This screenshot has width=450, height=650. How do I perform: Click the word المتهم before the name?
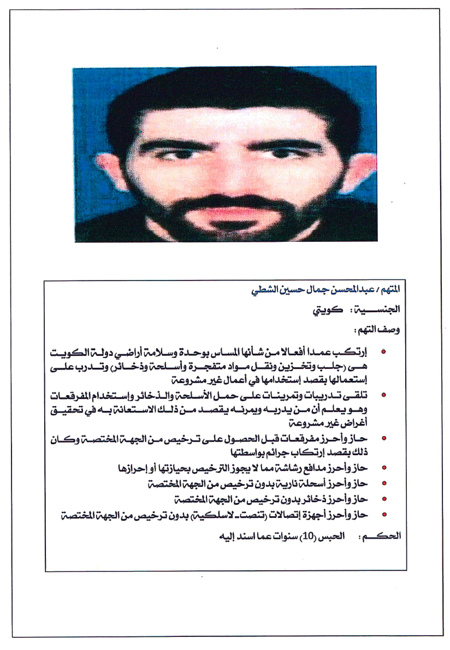point(391,289)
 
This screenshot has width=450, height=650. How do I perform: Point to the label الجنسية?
point(380,310)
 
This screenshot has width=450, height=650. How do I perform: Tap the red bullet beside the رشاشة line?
point(383,468)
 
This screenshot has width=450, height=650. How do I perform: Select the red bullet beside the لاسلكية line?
point(383,514)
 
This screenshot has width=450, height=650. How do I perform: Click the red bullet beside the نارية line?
point(383,484)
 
